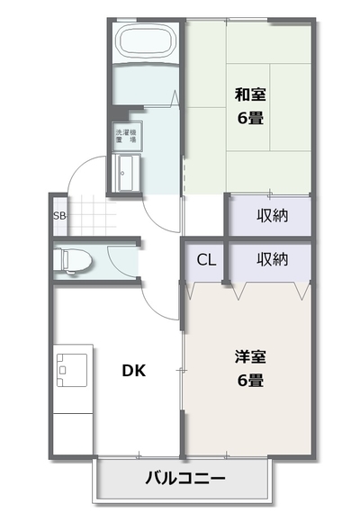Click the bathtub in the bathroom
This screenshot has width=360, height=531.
pyautogui.click(x=147, y=42)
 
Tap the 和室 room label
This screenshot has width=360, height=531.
pyautogui.click(x=250, y=94)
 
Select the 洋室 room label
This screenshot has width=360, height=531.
pyautogui.click(x=250, y=357)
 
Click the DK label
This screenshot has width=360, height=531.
pyautogui.click(x=134, y=371)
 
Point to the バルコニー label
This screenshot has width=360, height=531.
pyautogui.click(x=185, y=479)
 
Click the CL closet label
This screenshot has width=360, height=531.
pyautogui.click(x=206, y=260)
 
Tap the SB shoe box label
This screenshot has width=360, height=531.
pyautogui.click(x=59, y=216)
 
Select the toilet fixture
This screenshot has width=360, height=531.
pyautogui.click(x=73, y=260)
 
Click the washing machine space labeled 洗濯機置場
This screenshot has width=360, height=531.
pyautogui.click(x=127, y=136)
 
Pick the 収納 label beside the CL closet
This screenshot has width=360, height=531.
pyautogui.click(x=273, y=260)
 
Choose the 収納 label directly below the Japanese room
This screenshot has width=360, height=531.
pyautogui.click(x=273, y=216)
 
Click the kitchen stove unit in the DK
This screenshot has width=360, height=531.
pyautogui.click(x=72, y=370)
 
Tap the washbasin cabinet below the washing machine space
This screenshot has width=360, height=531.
pyautogui.click(x=127, y=174)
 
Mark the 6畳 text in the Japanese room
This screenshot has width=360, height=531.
pyautogui.click(x=250, y=118)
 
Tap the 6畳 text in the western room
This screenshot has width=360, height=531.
pyautogui.click(x=250, y=381)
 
